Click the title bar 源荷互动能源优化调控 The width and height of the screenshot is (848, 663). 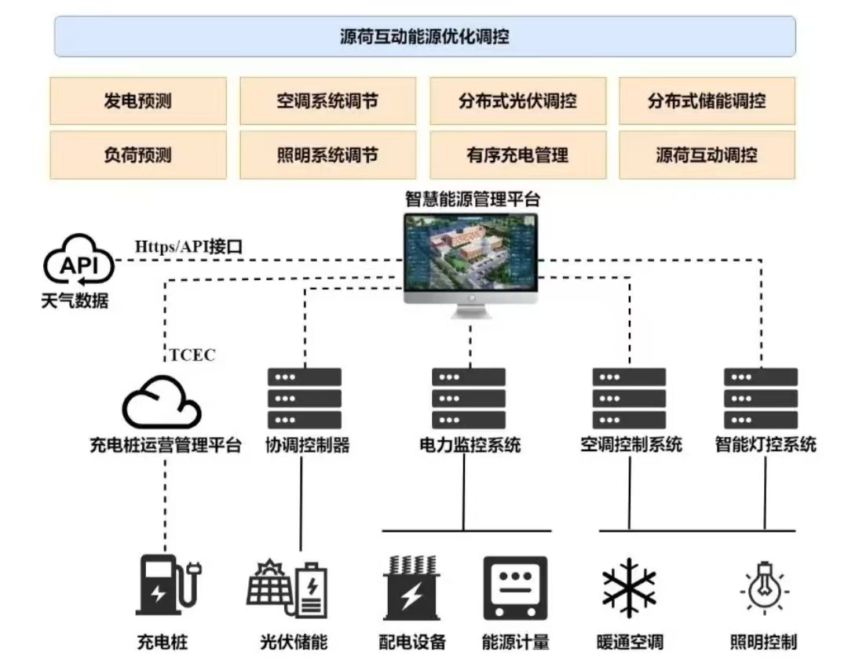click(425, 37)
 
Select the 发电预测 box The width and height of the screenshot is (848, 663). click(137, 100)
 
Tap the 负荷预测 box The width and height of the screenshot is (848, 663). click(137, 155)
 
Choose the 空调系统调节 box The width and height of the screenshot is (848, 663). click(327, 100)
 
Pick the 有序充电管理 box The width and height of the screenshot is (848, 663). click(517, 155)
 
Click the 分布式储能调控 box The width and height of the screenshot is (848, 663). click(707, 100)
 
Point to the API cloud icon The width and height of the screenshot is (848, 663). click(79, 265)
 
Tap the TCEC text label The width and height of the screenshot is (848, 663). click(192, 355)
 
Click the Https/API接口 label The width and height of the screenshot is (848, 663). click(189, 246)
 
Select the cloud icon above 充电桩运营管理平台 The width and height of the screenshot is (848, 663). click(162, 402)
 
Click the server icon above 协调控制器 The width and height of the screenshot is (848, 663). click(305, 398)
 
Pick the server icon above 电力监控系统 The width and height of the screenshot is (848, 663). click(469, 398)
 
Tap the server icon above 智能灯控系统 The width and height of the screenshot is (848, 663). click(761, 398)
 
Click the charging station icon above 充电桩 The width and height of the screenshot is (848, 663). click(166, 585)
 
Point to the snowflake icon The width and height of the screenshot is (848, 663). click(629, 588)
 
